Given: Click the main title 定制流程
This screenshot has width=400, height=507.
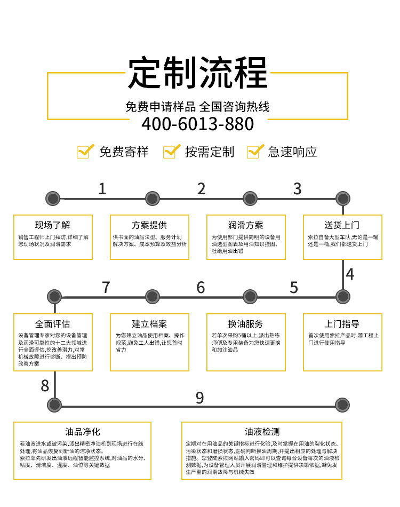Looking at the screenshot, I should pos(197,73).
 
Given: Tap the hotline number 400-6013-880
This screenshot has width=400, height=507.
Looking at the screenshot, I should pos(197,124).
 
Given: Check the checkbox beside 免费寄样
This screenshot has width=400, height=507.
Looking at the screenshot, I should pos(84,152).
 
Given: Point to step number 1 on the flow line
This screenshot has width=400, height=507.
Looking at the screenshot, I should pos(102,188).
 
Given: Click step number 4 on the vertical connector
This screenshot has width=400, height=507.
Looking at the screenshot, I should pos(350,274).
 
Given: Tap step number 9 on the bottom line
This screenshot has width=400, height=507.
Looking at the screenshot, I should pos(199,398).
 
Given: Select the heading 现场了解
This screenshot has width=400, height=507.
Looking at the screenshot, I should pos(53,225).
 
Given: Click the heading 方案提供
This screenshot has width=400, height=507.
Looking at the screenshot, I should pos(149,225).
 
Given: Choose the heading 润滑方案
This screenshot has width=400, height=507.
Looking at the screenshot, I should pos(245,225).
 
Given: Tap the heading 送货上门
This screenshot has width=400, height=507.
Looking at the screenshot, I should pos(342,225).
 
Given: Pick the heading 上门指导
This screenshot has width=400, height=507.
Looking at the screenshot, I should pos(342,324).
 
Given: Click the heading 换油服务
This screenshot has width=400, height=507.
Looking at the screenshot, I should pos(245,324).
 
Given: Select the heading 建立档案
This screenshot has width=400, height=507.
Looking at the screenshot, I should pos(149,324).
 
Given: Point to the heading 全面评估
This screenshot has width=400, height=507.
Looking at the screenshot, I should pos(53,324).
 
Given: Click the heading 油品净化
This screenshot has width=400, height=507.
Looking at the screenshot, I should pos(83,431).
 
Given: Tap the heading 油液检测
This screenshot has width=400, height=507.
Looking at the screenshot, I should pos(262,431).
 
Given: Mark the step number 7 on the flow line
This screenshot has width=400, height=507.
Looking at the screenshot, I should pos(106,287).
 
